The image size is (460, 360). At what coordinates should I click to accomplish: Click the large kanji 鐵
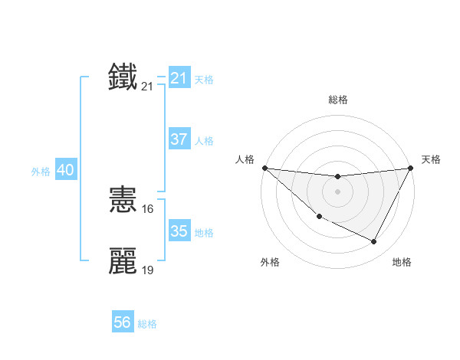[x=123, y=77]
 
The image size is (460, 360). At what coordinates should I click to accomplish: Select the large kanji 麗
[x=123, y=261]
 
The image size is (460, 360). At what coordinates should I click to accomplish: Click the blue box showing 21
[x=179, y=77]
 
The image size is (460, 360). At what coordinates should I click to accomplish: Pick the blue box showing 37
[x=179, y=139]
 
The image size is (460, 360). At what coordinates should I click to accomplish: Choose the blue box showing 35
[x=179, y=231]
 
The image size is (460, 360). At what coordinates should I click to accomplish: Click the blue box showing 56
[x=123, y=322]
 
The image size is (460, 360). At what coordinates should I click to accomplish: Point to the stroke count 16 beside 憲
[x=148, y=209]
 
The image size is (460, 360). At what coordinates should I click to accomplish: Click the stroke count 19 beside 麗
[x=148, y=270]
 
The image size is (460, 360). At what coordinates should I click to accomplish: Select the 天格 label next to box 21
[x=204, y=79]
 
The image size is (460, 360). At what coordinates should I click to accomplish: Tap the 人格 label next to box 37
[x=204, y=141]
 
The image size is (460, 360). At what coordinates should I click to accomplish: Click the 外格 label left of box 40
[x=41, y=172]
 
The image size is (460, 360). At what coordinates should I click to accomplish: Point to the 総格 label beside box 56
[x=147, y=324]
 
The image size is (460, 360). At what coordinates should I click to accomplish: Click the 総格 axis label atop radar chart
[x=337, y=100]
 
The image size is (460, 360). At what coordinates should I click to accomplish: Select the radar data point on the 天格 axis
[x=410, y=168]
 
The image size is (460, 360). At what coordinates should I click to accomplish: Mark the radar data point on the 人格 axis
[x=264, y=168]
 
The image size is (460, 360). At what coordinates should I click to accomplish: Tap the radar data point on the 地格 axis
[x=374, y=242]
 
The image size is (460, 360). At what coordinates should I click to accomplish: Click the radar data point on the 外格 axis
[x=319, y=217]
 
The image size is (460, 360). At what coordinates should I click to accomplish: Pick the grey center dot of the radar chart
[x=337, y=191]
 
